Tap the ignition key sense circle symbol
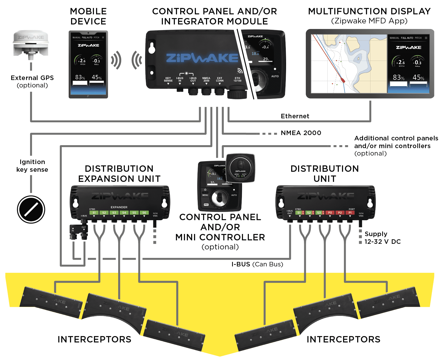coord(31,210)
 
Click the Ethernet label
coord(295,116)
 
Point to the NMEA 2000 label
coord(301,133)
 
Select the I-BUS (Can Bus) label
coord(257,264)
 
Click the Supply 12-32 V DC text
coord(382,238)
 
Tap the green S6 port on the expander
coord(144,213)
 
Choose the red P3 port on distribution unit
coord(330,213)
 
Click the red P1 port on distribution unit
coord(350,213)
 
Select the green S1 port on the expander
coord(94,213)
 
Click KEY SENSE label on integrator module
coord(168,79)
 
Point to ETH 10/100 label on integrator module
coord(237,79)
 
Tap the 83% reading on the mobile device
coord(80,77)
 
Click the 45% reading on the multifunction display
coord(418,78)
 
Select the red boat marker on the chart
coord(343,80)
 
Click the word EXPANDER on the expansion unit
coord(119,207)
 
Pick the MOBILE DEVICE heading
coord(88,16)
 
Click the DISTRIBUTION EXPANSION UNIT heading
coord(119,174)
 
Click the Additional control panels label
coord(396,142)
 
